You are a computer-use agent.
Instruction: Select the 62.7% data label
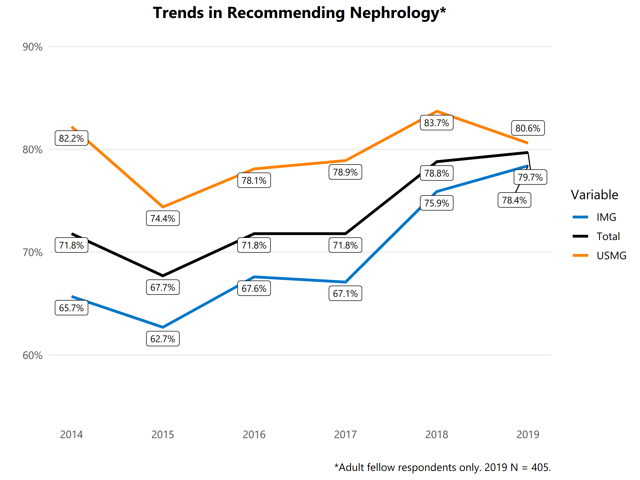point(163,339)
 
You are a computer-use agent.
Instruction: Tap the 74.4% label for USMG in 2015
point(163,218)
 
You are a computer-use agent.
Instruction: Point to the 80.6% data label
point(528,128)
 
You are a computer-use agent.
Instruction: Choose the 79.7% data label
point(530,177)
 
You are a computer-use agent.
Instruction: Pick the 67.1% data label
point(345,294)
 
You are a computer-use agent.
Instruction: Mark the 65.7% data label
point(71,308)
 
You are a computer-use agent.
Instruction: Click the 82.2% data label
point(71,138)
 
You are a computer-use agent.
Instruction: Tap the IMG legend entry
point(606,217)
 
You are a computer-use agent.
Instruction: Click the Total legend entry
point(608,236)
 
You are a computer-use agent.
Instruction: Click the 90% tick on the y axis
point(32,47)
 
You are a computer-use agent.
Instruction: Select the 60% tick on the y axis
point(32,355)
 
